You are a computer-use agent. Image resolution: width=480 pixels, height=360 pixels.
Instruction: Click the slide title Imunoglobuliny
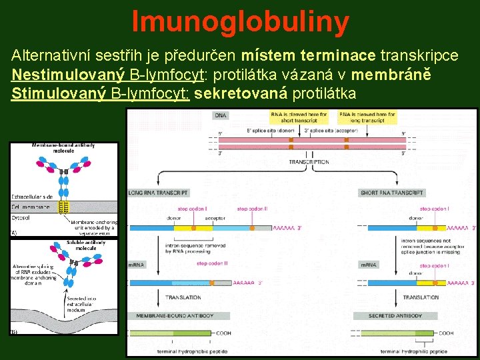coord(240,21)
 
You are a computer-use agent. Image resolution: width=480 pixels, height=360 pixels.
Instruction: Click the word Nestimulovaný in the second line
coord(59,74)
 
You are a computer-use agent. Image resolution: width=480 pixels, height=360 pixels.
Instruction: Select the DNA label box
coord(221,115)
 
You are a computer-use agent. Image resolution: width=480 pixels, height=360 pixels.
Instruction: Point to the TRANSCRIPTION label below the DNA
coord(309,162)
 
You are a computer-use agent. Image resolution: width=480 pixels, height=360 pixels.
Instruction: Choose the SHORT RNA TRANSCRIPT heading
coord(392,193)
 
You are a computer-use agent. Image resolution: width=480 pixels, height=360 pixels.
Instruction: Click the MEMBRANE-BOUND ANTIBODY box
coord(175,315)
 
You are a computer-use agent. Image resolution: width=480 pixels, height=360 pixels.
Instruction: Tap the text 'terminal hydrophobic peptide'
coord(192,351)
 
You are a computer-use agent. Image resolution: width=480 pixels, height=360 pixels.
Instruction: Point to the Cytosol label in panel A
coord(23,217)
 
